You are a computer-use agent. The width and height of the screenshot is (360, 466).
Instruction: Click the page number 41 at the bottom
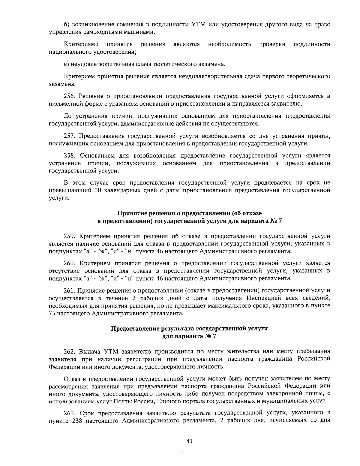point(189,441)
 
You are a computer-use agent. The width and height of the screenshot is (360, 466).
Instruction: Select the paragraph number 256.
point(70,96)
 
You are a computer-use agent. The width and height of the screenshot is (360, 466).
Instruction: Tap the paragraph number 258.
point(70,155)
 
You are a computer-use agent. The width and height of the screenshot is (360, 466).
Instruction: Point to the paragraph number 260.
point(70,263)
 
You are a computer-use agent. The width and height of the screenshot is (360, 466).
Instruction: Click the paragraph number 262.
point(70,351)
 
